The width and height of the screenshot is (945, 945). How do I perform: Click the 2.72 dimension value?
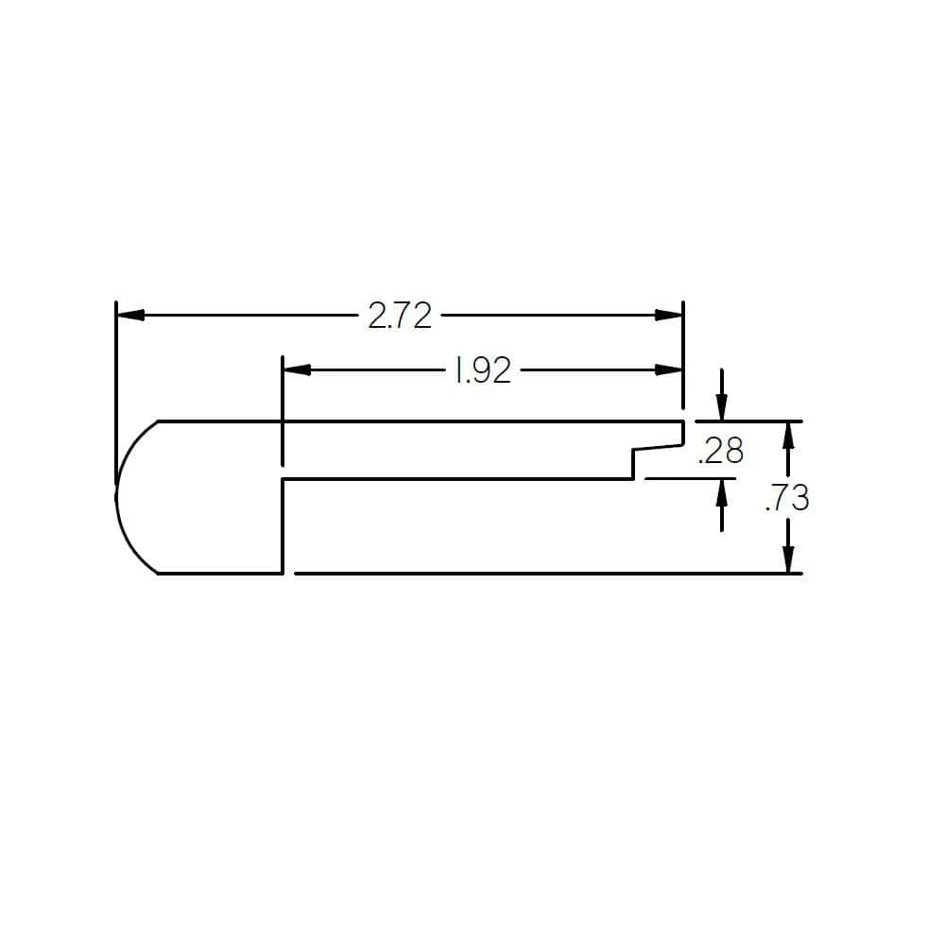400,316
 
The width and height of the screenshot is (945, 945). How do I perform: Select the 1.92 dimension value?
482,371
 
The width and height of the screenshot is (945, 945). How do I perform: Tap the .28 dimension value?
720,452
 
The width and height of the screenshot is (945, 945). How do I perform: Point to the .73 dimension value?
787,498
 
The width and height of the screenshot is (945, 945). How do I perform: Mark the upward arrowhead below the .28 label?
722,490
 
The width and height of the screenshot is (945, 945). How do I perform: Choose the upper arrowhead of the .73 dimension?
788,434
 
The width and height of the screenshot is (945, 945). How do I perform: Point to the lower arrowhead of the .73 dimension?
788,560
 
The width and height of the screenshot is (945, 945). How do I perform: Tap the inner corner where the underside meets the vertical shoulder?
284,479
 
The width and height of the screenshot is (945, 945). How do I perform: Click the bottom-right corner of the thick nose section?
283,573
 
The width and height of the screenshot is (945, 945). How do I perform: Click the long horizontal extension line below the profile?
548,573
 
